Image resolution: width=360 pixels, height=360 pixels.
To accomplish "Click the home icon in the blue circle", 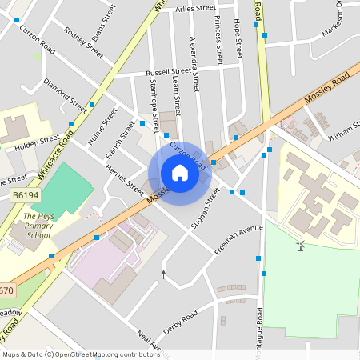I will [x=180, y=173].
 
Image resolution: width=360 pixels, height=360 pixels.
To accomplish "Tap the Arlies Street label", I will [x=196, y=7].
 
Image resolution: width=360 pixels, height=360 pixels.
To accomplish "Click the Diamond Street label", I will [x=65, y=94].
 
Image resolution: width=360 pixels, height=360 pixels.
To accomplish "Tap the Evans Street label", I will [x=104, y=22].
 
